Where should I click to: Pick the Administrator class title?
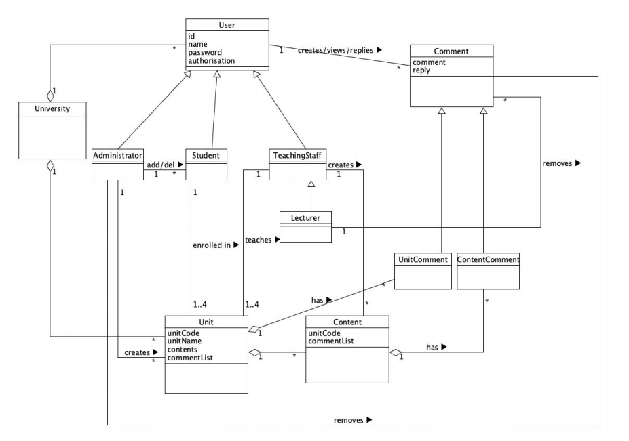click(117, 154)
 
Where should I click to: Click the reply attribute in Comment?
click(421, 70)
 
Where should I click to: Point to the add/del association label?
click(165, 164)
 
